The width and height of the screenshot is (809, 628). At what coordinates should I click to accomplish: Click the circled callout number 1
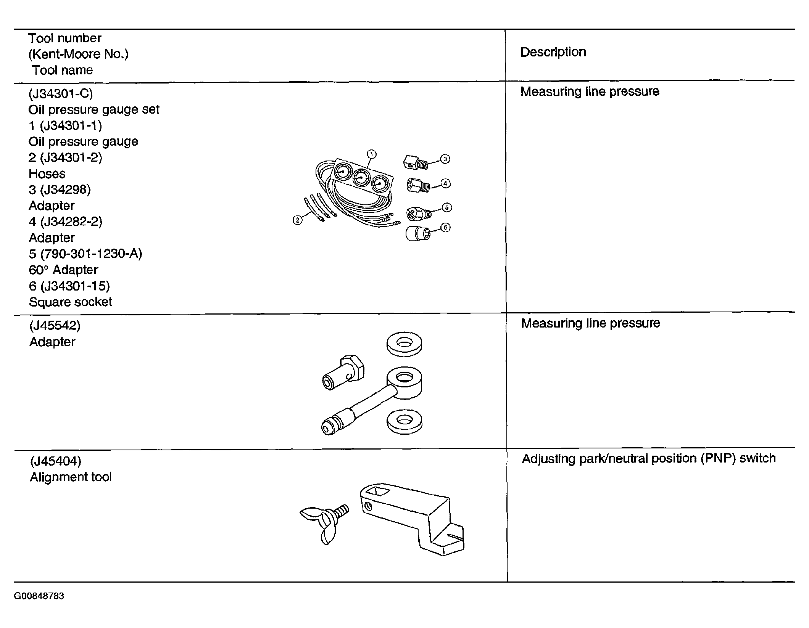(371, 154)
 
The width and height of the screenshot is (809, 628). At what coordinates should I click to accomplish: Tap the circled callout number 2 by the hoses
(297, 220)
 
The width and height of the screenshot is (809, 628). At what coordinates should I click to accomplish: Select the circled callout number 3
(445, 159)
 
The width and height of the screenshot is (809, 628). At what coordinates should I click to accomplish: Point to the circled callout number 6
(445, 228)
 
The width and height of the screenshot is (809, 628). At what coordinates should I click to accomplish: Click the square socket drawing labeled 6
(418, 233)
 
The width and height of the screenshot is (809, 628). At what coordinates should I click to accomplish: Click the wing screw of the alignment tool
(324, 524)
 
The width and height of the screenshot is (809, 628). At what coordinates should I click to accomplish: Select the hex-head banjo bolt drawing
(343, 373)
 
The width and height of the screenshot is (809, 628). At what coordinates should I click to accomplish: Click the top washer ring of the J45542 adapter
(404, 345)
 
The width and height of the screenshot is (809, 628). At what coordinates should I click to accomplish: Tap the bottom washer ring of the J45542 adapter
(404, 422)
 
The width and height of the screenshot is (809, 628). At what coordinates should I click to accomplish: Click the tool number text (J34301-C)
(61, 93)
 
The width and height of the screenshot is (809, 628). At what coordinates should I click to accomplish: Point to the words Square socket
(71, 302)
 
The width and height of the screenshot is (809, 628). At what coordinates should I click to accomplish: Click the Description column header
(553, 52)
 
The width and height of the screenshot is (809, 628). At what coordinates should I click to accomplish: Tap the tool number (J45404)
(56, 461)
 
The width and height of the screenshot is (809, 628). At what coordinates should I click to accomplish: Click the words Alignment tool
(71, 477)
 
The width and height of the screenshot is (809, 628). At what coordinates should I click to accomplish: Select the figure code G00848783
(39, 596)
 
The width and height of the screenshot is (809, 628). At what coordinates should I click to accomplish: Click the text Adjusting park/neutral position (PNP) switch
(649, 458)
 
